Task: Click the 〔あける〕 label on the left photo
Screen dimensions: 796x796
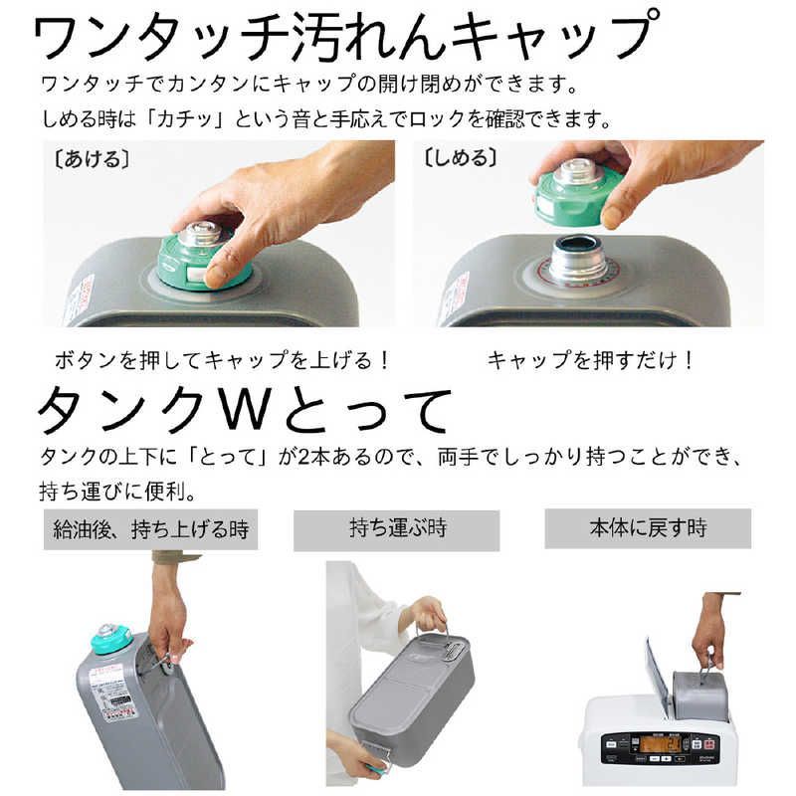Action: [x=87, y=159]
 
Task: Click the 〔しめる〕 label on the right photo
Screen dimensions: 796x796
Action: [x=461, y=159]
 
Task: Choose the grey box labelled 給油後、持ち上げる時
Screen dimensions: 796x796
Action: [x=151, y=529]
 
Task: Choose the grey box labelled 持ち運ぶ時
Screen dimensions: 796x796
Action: [x=396, y=529]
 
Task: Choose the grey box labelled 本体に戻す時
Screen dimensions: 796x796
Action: [x=647, y=527]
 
